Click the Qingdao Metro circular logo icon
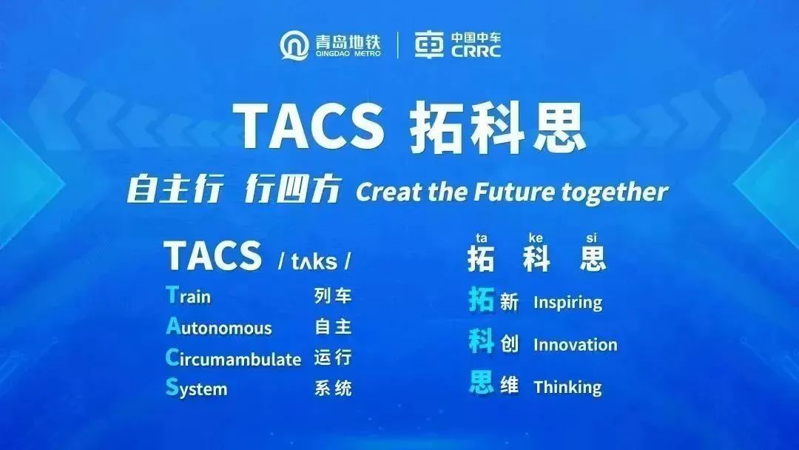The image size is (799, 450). coord(294,45)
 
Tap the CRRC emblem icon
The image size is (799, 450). coord(429,45)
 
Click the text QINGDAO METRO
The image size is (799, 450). coord(348,53)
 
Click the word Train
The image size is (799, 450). coord(188,295)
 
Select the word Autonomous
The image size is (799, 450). coord(218,326)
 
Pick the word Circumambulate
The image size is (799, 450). coord(233,357)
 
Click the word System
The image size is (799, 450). coord(196,389)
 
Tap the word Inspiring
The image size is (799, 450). coord(567,303)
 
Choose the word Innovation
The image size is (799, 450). coord(576,345)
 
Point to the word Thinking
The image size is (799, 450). coord(567,387)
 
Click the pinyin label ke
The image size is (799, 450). coord(536,238)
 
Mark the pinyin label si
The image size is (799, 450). coord(591,238)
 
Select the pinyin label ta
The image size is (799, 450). coord(481,238)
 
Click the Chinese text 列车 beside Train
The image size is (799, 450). coord(333,295)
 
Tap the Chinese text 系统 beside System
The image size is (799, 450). coord(333,389)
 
